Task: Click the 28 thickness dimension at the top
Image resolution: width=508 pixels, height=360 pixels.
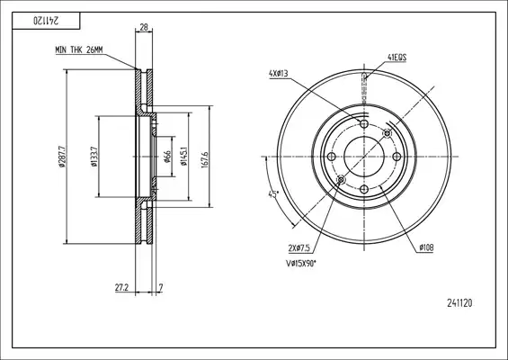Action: [144, 27]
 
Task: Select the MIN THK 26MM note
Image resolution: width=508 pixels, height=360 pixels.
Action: [79, 49]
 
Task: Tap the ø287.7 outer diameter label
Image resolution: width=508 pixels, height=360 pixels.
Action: [63, 157]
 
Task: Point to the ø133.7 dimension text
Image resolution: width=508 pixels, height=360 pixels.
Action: [94, 157]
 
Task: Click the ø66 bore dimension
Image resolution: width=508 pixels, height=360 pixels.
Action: [167, 157]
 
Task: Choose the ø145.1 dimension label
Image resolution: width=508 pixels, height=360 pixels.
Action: [184, 157]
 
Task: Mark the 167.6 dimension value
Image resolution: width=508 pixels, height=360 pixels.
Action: [205, 159]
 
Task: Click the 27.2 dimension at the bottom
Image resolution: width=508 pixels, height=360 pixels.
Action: [121, 287]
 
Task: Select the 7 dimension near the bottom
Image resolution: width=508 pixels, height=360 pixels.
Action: [160, 287]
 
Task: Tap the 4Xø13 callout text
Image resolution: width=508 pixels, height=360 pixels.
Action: [279, 74]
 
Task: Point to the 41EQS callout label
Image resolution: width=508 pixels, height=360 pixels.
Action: [397, 58]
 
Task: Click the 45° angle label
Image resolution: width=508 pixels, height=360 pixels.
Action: [273, 194]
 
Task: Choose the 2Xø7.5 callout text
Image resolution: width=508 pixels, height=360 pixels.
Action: [299, 248]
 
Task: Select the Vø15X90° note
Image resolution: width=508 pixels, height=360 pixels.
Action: [301, 264]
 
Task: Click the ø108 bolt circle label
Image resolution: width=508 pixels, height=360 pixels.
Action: [426, 247]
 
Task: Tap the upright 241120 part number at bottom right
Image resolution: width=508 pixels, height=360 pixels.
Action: [459, 303]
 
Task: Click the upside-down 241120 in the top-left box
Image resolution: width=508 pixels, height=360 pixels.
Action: [46, 21]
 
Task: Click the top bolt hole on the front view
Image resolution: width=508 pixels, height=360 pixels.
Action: [364, 123]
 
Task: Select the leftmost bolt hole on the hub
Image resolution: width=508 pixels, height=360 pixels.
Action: [331, 157]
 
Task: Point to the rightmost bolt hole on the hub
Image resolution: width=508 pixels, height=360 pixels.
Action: [397, 157]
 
